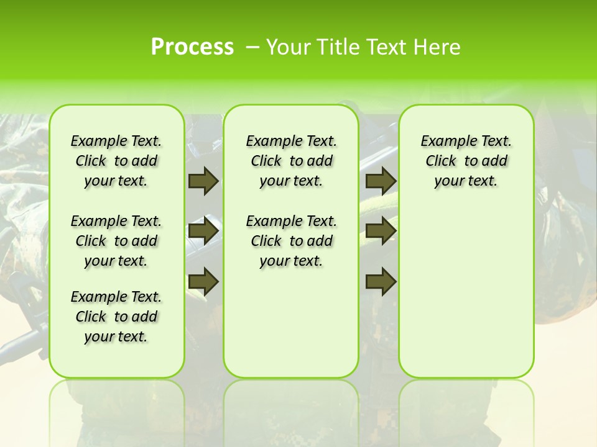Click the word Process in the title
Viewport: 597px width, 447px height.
pyautogui.click(x=192, y=47)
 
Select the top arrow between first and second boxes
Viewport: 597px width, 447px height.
pyautogui.click(x=203, y=181)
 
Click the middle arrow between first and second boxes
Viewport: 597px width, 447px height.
pyautogui.click(x=203, y=231)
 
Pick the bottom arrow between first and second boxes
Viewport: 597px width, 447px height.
pyautogui.click(x=203, y=281)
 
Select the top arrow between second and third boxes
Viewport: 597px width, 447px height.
pyautogui.click(x=381, y=181)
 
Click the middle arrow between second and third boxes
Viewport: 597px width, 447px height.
pyautogui.click(x=381, y=231)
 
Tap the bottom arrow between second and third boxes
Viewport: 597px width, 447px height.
pyautogui.click(x=381, y=281)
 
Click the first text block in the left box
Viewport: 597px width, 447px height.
pyautogui.click(x=116, y=161)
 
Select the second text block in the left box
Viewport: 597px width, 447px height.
pyautogui.click(x=116, y=241)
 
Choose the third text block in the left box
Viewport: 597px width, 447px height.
pyautogui.click(x=116, y=317)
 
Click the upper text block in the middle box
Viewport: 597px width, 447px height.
pyautogui.click(x=291, y=161)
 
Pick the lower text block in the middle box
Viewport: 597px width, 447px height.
pyautogui.click(x=291, y=241)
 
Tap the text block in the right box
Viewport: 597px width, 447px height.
pyautogui.click(x=466, y=161)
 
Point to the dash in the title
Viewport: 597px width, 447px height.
pyautogui.click(x=252, y=47)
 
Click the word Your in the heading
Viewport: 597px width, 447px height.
pyautogui.click(x=290, y=47)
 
